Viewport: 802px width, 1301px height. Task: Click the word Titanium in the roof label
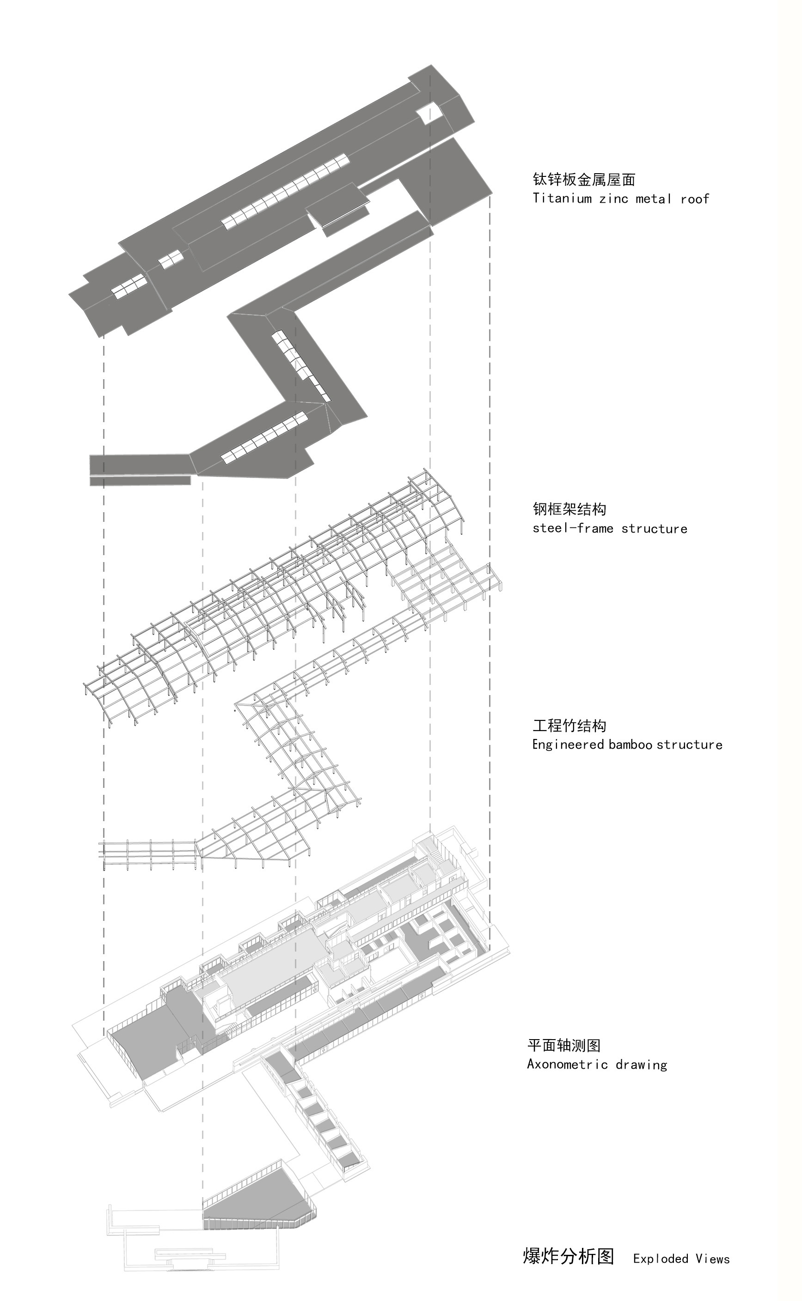tap(562, 199)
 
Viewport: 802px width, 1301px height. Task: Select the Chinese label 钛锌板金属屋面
tap(584, 180)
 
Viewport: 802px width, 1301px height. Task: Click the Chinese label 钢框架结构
tap(569, 509)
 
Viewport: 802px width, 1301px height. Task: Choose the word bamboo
tap(630, 744)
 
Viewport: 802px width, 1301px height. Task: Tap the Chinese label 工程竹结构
tap(569, 726)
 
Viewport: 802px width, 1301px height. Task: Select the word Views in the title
tap(713, 1259)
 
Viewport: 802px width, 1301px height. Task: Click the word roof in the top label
tap(695, 199)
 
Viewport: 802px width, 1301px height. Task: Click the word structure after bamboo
tap(690, 744)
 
